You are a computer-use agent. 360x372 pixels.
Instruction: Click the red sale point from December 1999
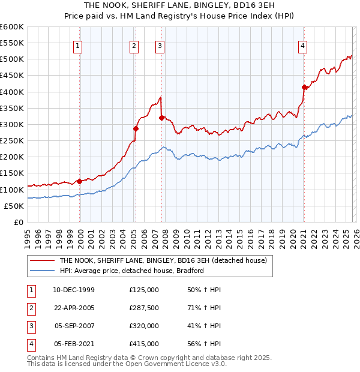[80, 181]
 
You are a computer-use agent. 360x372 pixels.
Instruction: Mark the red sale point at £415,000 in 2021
[304, 87]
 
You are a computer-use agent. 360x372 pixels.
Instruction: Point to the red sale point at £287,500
[136, 128]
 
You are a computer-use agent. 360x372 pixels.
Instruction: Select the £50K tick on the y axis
[14, 206]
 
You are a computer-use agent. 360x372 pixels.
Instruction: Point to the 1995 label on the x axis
[28, 236]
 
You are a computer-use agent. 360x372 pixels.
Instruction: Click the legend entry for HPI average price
[131, 271]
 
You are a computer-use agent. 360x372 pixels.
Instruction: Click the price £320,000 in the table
[144, 326]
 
